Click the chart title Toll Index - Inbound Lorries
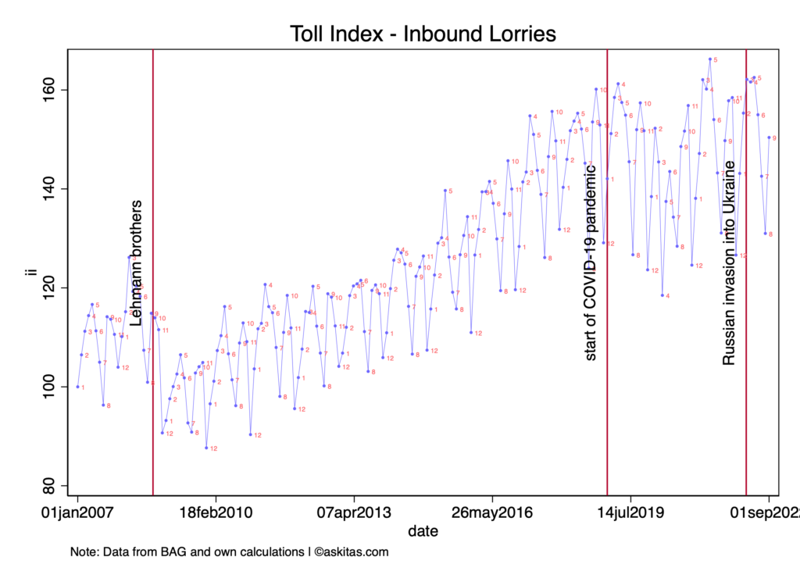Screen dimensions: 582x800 pyautogui.click(x=423, y=34)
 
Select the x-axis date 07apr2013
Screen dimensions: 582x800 pyautogui.click(x=354, y=513)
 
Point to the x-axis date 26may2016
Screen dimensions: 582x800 pyautogui.click(x=491, y=513)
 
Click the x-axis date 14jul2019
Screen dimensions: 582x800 pyautogui.click(x=630, y=513)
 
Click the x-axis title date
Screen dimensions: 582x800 pyautogui.click(x=423, y=531)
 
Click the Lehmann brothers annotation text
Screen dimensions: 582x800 pyautogui.click(x=137, y=263)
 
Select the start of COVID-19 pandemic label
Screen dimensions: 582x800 pyautogui.click(x=591, y=263)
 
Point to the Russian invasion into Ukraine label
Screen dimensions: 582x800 pyautogui.click(x=729, y=263)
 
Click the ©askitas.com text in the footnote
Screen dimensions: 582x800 pyautogui.click(x=352, y=552)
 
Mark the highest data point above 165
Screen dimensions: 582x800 pyautogui.click(x=709, y=59)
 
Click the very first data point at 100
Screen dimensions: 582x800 pyautogui.click(x=77, y=387)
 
